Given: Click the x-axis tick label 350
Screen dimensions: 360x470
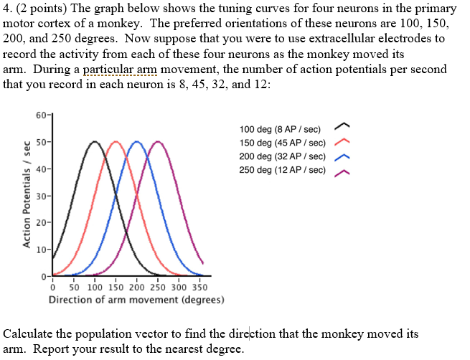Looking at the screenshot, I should pyautogui.click(x=199, y=288).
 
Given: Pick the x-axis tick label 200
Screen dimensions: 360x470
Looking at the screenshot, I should pyautogui.click(x=137, y=288).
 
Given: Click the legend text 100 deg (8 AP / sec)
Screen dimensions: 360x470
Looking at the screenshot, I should pyautogui.click(x=280, y=129).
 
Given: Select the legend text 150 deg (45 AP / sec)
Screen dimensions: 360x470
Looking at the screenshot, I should pyautogui.click(x=282, y=143).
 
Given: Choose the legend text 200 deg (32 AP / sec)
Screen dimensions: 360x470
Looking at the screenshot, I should pyautogui.click(x=282, y=156).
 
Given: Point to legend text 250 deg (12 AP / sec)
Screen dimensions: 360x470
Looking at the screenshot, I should pyautogui.click(x=282, y=170).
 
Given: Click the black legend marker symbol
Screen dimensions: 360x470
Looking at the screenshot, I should pyautogui.click(x=342, y=129).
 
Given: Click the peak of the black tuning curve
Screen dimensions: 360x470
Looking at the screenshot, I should pyautogui.click(x=95, y=142).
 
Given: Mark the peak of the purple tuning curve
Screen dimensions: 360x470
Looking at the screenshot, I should pyautogui.click(x=158, y=142).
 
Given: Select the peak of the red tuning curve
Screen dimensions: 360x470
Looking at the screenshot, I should pyautogui.click(x=116, y=142).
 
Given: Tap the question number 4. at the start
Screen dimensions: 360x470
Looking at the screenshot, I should pyautogui.click(x=9, y=9).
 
